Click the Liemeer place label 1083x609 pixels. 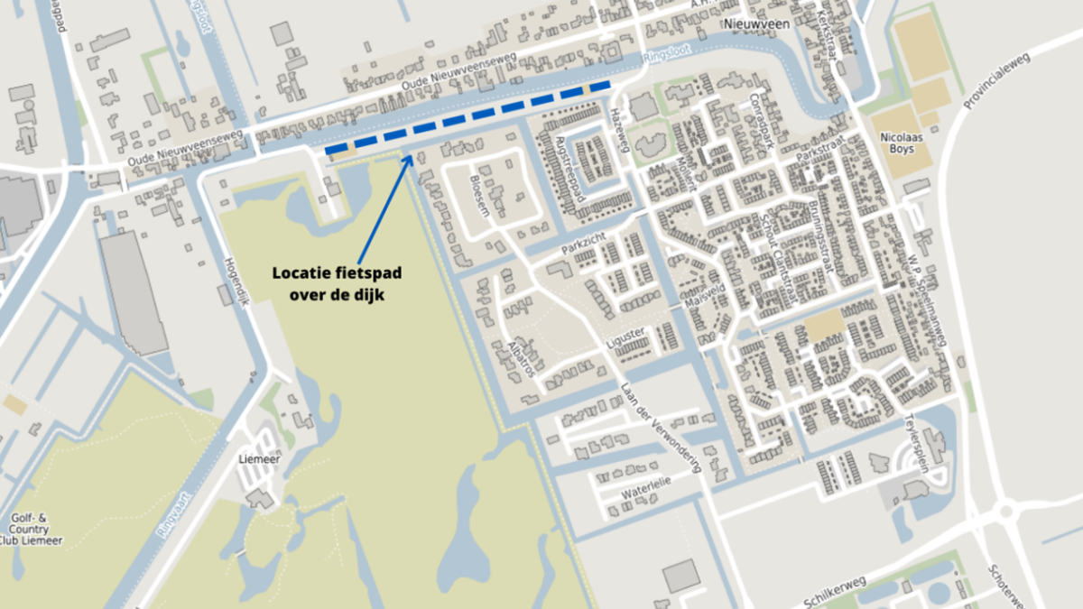point(257,458)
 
